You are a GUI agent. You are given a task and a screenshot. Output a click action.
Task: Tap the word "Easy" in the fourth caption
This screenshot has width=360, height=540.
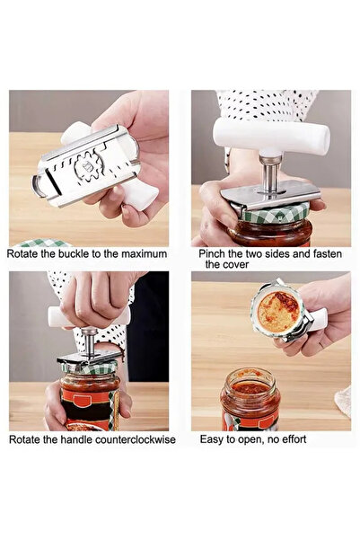[212, 439]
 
